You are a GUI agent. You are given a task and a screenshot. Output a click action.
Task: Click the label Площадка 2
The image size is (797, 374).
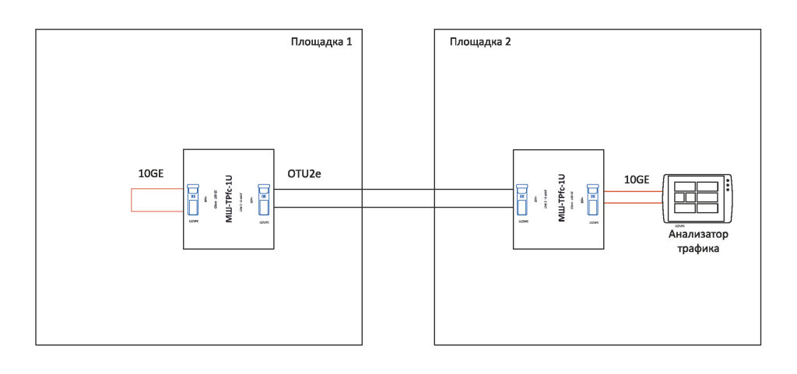pos(480,40)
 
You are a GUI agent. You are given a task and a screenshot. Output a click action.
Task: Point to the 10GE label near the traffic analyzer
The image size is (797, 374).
pos(637,180)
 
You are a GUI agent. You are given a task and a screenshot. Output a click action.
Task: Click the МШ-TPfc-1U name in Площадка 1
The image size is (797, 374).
pos(229,198)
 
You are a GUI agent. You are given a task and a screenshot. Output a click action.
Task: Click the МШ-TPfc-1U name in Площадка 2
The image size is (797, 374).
pos(561,198)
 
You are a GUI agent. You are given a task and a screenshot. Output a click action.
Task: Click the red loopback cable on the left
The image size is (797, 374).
pos(132,200)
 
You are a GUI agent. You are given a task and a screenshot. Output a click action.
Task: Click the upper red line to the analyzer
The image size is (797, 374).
pos(631,190)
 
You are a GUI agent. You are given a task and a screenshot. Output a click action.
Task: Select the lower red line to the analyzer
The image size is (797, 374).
pos(631,204)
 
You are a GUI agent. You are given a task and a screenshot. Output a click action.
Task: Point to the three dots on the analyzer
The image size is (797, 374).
pos(726,187)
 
